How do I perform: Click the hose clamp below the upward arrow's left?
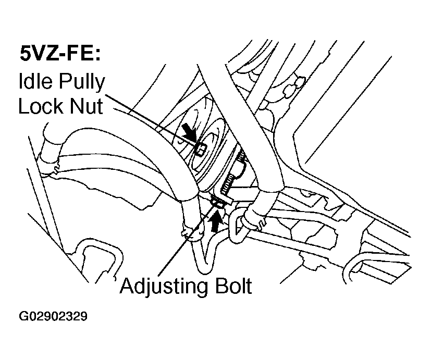point(191,234)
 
